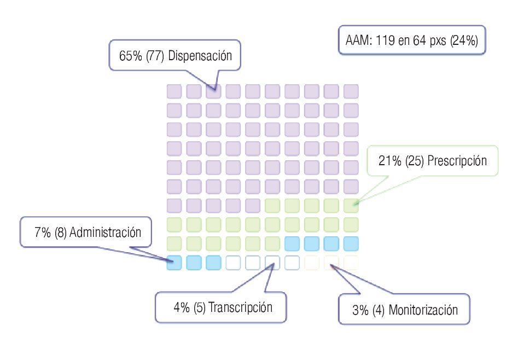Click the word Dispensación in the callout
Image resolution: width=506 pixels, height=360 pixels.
200,56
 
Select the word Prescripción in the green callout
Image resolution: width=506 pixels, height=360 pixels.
457,161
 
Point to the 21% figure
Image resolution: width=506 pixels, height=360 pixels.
390,161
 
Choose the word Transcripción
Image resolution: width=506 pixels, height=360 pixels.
240,307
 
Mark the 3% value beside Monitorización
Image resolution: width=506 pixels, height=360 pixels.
360,310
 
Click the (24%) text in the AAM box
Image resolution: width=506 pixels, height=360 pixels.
464,41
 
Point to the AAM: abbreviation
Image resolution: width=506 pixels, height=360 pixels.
359,41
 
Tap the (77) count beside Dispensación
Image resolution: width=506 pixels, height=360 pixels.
156,56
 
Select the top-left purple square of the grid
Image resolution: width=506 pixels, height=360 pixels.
174,91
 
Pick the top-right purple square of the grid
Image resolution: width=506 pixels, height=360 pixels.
351,91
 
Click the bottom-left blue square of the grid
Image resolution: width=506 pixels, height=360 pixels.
174,263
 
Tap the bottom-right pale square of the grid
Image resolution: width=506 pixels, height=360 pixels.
351,263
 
